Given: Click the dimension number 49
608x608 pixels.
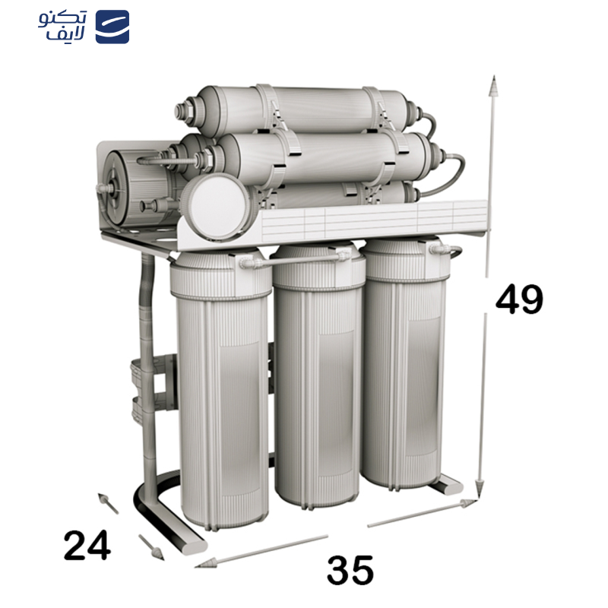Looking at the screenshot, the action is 519,299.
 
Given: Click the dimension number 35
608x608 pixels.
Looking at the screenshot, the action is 350,570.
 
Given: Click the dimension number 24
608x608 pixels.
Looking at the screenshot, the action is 87,545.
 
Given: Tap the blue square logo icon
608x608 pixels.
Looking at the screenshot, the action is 112,27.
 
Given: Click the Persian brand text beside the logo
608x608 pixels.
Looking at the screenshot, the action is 62,26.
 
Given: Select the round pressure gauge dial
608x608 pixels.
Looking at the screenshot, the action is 216,207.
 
